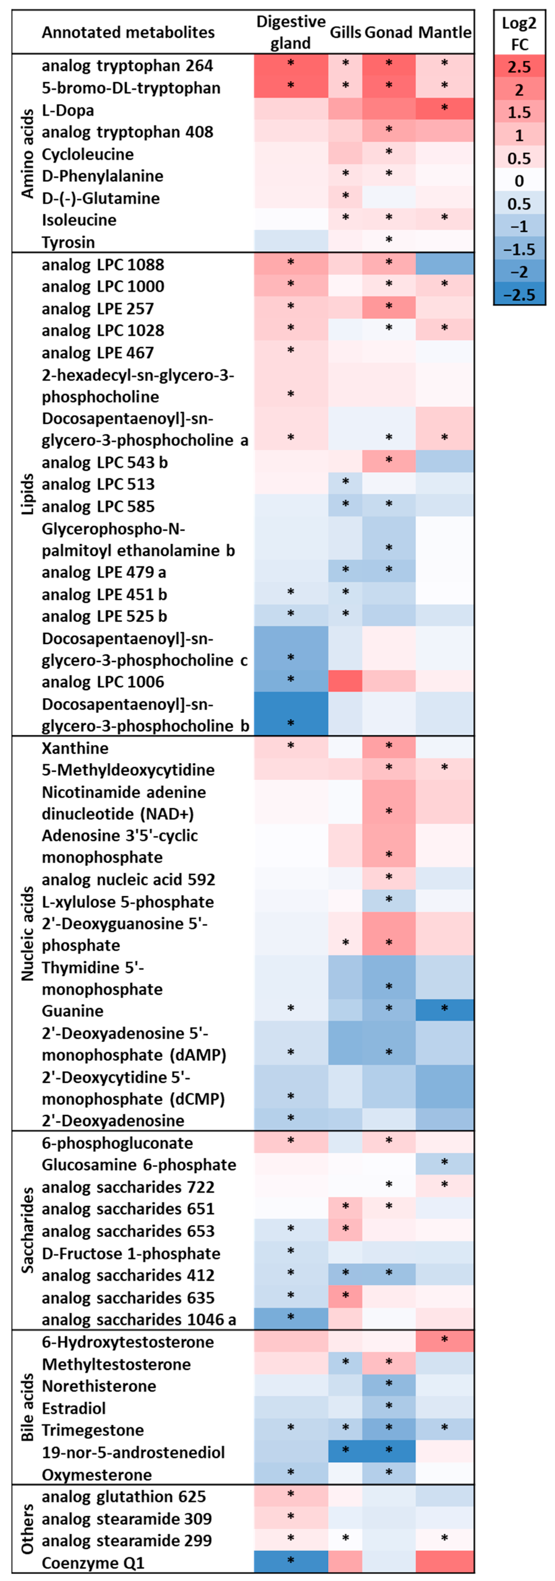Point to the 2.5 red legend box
click(x=519, y=66)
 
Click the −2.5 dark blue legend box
click(x=519, y=295)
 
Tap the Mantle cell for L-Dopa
click(x=444, y=109)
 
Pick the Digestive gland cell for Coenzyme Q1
click(x=290, y=1562)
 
